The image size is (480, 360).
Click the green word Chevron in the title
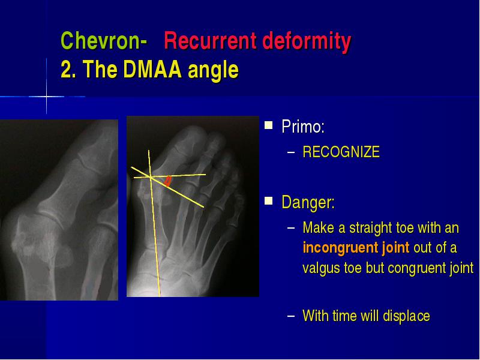pos(100,41)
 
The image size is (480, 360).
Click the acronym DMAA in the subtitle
pos(152,69)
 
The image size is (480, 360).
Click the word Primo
pos(303,126)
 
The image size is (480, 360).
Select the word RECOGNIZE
pos(341,152)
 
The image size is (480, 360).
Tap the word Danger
pos(308,202)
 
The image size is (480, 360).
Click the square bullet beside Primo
pos(268,125)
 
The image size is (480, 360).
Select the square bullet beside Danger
pos(268,201)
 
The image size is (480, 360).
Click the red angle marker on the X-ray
pos(167,181)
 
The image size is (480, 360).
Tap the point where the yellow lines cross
pos(151,177)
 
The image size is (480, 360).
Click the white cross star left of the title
pos(47,97)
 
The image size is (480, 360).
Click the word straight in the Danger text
pos(370,228)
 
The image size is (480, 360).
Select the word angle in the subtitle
pos(213,70)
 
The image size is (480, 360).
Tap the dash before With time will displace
pos(291,316)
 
